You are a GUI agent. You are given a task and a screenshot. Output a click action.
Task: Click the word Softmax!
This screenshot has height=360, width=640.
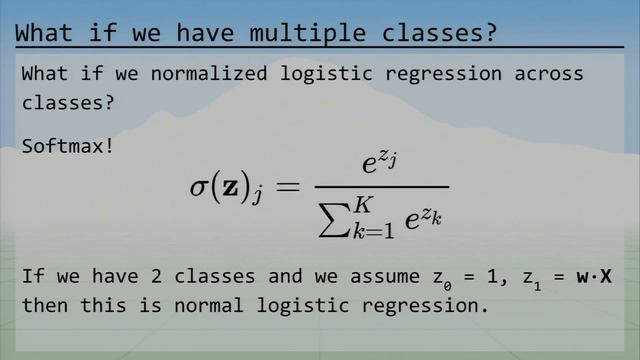tap(67, 146)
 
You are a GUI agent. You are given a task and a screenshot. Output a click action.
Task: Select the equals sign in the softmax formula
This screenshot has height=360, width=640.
tap(288, 188)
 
